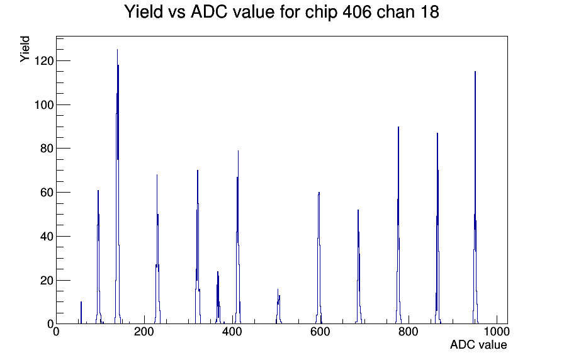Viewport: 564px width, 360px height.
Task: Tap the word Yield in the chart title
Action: point(144,11)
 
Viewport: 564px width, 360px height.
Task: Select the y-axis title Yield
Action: point(25,49)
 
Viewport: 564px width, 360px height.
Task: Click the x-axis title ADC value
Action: point(478,344)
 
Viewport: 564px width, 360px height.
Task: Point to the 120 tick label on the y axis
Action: point(44,61)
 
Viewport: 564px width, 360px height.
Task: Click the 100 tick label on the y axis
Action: point(44,105)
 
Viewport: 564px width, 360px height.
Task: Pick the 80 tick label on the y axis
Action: point(47,149)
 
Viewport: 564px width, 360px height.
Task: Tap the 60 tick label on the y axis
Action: point(47,193)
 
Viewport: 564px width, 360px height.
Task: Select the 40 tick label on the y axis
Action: point(47,236)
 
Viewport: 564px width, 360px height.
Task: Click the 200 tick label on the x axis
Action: point(144,332)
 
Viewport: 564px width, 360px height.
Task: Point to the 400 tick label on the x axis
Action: point(232,332)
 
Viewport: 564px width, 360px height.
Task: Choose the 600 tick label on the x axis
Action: point(320,332)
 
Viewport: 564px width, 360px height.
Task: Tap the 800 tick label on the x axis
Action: point(409,332)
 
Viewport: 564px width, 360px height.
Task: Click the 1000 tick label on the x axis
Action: point(497,332)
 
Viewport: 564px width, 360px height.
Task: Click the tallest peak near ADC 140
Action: point(117,50)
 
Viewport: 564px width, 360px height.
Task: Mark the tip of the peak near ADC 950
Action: point(475,72)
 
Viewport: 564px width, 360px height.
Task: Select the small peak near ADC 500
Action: point(278,306)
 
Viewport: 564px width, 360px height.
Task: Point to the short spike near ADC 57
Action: point(81,312)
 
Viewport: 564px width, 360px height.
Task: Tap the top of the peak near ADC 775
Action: point(398,127)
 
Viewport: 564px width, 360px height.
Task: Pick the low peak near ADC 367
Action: point(218,297)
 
